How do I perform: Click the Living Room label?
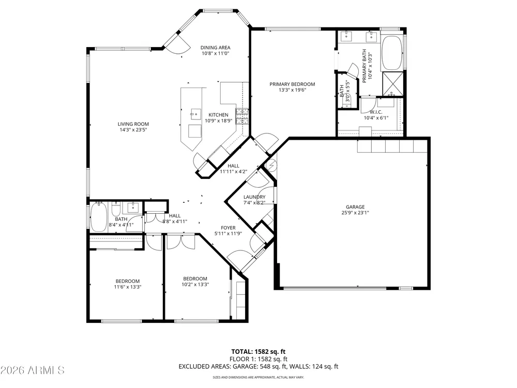click(133, 124)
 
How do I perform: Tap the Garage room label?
click(355, 207)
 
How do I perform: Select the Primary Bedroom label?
click(292, 84)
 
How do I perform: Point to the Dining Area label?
click(215, 48)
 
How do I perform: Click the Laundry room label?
click(254, 197)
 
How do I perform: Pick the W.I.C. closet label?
click(376, 112)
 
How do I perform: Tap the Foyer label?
click(228, 228)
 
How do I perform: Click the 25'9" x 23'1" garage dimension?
click(355, 213)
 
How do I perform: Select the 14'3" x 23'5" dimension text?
click(133, 130)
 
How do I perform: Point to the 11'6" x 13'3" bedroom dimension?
click(128, 287)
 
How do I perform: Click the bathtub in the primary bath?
click(392, 53)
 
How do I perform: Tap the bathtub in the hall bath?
click(99, 217)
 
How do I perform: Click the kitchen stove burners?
click(242, 116)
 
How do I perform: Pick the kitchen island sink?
click(195, 114)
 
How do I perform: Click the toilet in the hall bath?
click(116, 208)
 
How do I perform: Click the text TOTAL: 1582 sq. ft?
click(258, 352)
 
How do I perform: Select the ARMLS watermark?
click(32, 370)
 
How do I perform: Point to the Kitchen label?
click(218, 115)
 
